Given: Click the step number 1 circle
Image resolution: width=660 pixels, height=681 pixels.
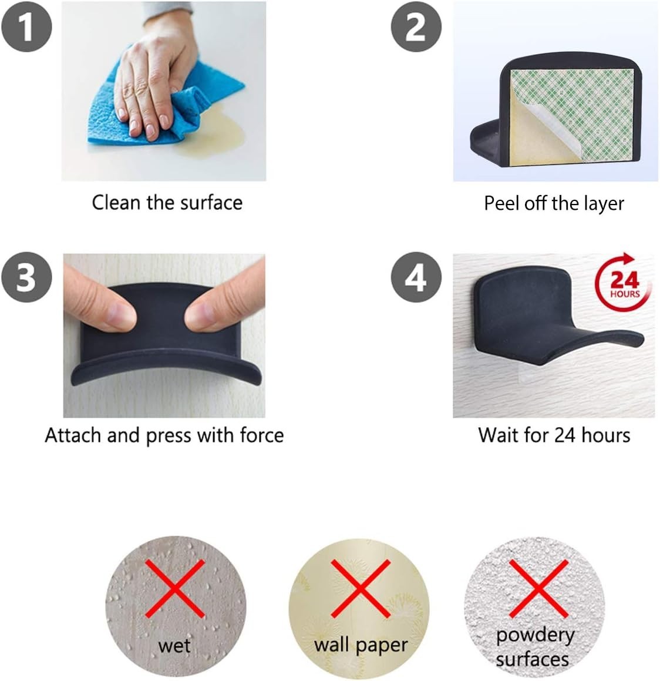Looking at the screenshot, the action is click(x=26, y=26).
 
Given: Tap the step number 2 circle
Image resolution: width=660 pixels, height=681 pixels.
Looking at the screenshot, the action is click(x=416, y=26).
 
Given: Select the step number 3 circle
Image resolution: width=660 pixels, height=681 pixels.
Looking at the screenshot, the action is click(x=26, y=277).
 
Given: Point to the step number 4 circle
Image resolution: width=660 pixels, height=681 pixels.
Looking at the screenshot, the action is click(x=416, y=277).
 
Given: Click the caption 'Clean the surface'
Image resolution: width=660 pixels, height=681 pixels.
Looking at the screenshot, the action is click(x=167, y=203).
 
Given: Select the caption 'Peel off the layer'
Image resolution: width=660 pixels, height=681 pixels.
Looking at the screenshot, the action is click(x=554, y=203).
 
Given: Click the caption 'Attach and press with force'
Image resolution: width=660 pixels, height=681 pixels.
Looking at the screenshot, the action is click(x=164, y=435).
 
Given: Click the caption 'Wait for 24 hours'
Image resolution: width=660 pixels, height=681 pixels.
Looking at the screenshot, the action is click(x=554, y=435).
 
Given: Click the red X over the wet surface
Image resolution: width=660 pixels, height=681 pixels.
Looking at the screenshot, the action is click(x=175, y=589).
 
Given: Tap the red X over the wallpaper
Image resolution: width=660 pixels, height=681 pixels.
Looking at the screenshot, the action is click(x=361, y=589).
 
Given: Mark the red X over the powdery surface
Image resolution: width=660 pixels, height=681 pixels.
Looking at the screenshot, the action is click(x=538, y=589).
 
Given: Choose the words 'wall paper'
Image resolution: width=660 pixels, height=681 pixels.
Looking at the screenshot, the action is click(x=361, y=645).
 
